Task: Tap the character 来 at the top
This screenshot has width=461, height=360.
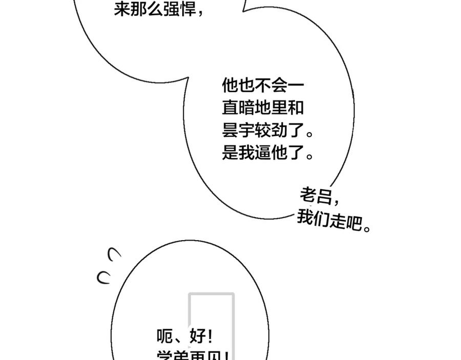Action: click(x=121, y=9)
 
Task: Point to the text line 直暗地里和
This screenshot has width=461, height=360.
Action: click(x=263, y=108)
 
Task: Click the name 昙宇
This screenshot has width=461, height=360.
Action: click(x=238, y=131)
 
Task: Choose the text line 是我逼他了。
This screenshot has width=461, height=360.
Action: click(x=267, y=153)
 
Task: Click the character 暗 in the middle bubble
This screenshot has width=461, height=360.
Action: click(x=246, y=108)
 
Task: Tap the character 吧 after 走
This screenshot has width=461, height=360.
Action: click(x=353, y=223)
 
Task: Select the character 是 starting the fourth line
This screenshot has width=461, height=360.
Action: click(x=230, y=153)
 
